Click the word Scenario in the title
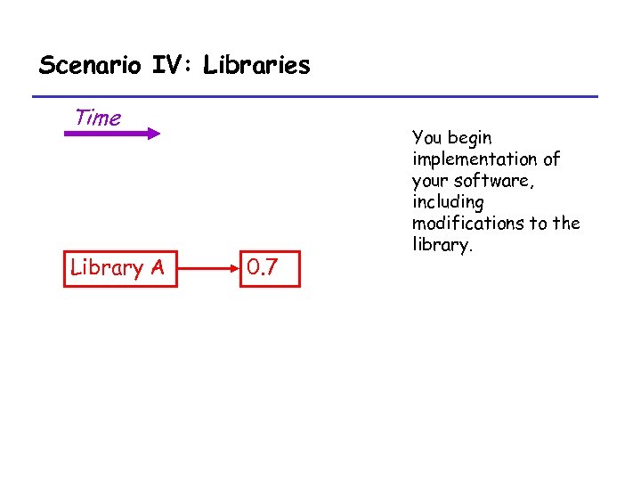point(83,65)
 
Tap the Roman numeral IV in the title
point(163,65)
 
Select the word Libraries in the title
point(256,65)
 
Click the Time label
point(98,118)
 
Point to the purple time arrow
point(107,134)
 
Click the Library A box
point(120,267)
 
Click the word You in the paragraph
point(427,138)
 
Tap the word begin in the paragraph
point(470,138)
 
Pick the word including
point(448,202)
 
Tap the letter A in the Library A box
point(156,267)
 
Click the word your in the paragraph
point(429,181)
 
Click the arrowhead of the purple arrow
point(153,134)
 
